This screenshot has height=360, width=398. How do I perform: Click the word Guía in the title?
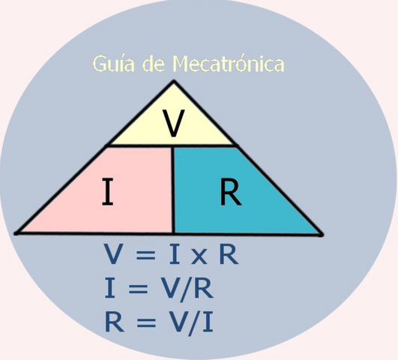point(113,64)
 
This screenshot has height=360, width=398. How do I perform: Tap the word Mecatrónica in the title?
point(229,63)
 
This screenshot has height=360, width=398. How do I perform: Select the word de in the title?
point(154,63)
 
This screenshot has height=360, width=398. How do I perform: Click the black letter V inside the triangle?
point(174,123)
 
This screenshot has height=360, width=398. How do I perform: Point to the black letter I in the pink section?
point(107,191)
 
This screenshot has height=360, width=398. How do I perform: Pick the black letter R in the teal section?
point(230,191)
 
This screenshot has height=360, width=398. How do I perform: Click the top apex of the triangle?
point(174,81)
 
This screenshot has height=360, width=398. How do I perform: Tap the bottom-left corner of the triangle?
point(16,232)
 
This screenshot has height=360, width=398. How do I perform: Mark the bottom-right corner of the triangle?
point(322,235)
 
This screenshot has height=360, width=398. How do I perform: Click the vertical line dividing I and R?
point(173,190)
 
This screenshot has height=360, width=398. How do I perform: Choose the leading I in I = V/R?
point(110,288)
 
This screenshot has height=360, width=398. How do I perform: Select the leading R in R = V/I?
point(114,322)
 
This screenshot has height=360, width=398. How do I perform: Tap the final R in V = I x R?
point(229,254)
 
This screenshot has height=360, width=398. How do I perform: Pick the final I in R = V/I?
point(208,322)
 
